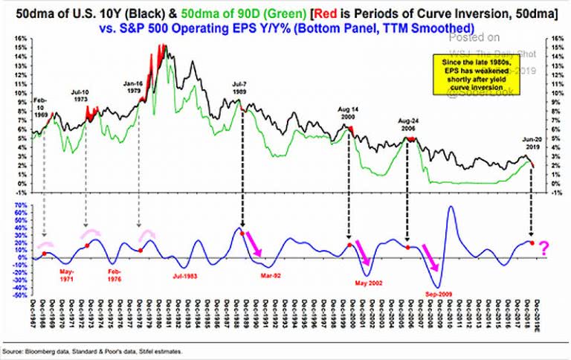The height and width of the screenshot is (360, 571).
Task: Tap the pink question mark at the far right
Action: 545,246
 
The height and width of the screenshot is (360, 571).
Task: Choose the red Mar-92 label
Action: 269,275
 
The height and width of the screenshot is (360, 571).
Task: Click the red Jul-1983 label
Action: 187,275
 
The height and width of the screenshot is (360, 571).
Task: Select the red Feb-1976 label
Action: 115,271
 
